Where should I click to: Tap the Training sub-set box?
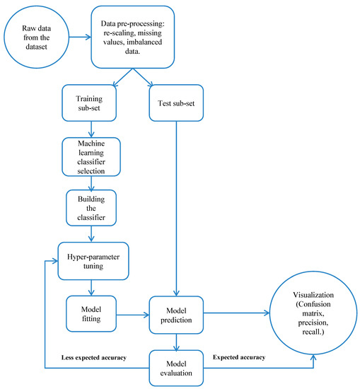[91, 105]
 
